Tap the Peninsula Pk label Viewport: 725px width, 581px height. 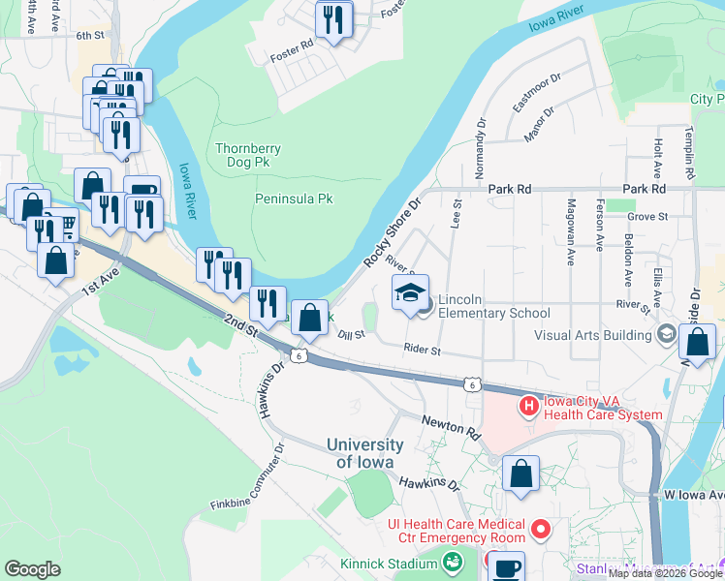point(294,199)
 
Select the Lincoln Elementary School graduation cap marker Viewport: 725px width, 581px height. point(410,292)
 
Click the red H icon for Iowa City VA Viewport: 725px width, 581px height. point(529,406)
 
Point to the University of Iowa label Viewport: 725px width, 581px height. point(364,453)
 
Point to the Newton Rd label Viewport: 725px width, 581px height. point(451,427)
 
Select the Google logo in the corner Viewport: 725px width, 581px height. point(32,569)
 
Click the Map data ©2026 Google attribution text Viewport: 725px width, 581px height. point(666,573)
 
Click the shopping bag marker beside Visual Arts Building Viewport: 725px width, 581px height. point(698,343)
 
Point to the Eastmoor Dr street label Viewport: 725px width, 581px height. point(537,91)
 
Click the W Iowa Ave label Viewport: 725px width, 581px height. point(694,495)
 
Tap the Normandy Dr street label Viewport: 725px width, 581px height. point(481,145)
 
